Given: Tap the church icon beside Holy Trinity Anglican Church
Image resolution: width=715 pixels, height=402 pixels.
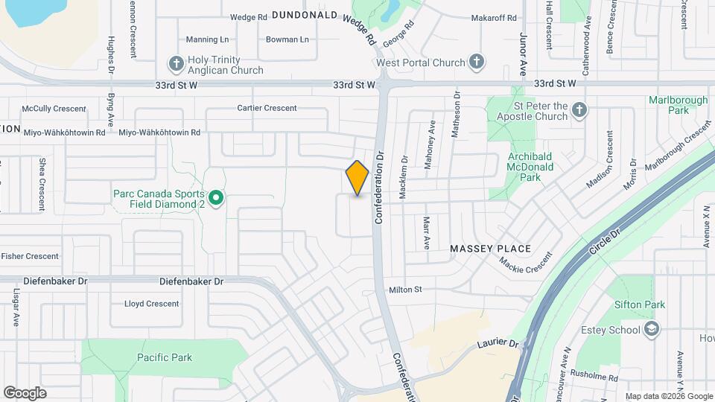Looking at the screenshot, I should pyautogui.click(x=176, y=63).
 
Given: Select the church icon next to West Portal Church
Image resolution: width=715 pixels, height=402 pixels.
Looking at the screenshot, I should pyautogui.click(x=477, y=63).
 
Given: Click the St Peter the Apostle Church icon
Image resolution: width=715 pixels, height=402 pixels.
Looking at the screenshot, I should pyautogui.click(x=580, y=112).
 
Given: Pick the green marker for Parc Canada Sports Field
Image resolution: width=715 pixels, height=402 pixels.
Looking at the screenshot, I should pyautogui.click(x=216, y=198).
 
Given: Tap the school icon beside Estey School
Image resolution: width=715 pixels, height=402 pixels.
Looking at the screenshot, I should pyautogui.click(x=652, y=329).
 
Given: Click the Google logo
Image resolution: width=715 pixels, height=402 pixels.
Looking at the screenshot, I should pyautogui.click(x=25, y=392).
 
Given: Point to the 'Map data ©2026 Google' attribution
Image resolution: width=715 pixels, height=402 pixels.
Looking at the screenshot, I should pyautogui.click(x=668, y=396).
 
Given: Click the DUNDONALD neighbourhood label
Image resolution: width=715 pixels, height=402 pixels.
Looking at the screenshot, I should pyautogui.click(x=305, y=14).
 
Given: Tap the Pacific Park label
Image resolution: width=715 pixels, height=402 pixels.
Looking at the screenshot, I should pyautogui.click(x=165, y=357).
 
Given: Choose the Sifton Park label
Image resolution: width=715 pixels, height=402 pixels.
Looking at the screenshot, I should pyautogui.click(x=640, y=304).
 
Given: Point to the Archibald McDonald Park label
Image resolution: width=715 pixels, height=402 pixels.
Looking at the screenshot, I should pyautogui.click(x=534, y=167).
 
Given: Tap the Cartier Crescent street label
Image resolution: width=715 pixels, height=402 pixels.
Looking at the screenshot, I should pyautogui.click(x=267, y=108).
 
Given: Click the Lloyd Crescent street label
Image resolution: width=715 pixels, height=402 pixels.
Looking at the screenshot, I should pyautogui.click(x=151, y=304).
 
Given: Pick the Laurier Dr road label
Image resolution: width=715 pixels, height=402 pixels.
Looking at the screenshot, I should pyautogui.click(x=497, y=345).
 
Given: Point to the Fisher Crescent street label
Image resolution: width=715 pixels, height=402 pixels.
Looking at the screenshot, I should pyautogui.click(x=30, y=256).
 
